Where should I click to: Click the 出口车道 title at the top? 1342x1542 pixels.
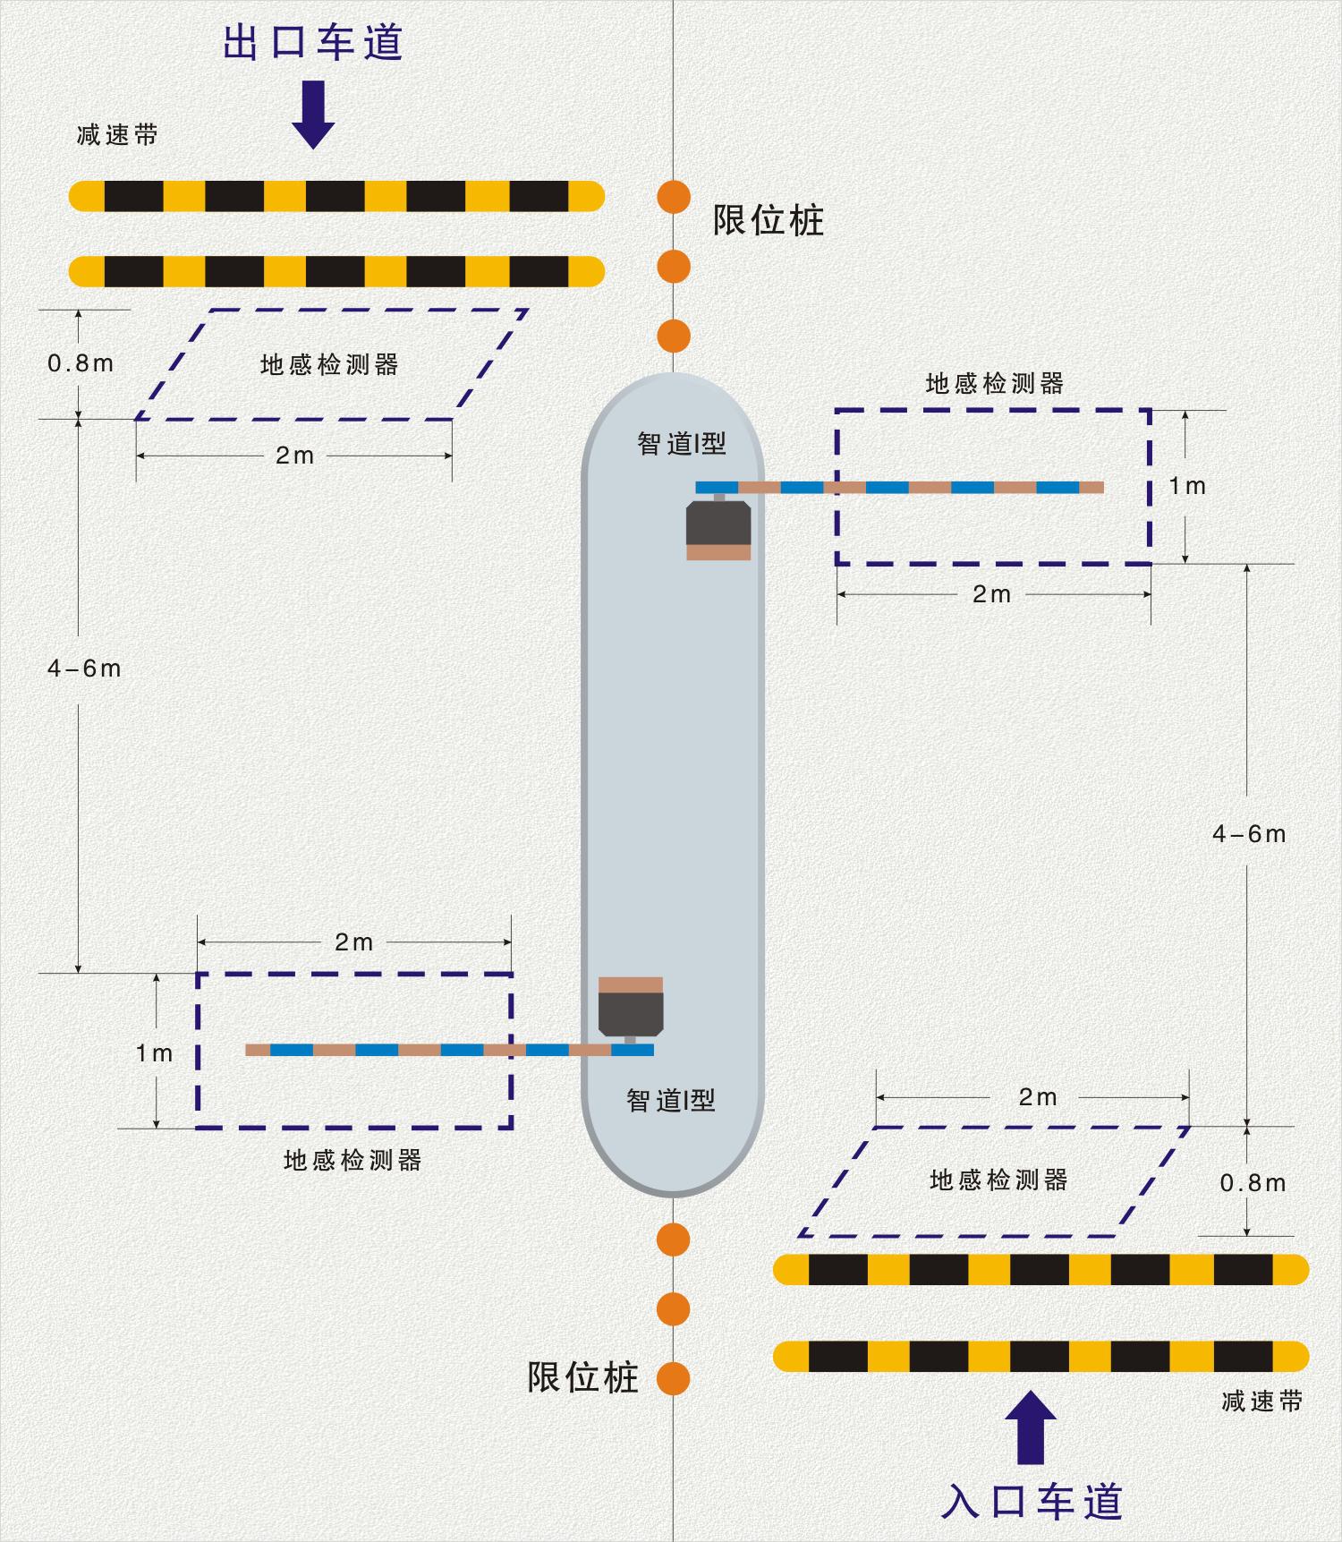(313, 42)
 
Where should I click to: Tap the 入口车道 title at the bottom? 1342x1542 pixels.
(1032, 1501)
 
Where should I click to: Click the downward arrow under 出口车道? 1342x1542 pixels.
(313, 115)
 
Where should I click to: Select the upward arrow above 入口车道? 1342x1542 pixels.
(1032, 1427)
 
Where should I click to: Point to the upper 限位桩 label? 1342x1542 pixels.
(768, 220)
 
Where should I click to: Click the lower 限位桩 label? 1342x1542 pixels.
(582, 1377)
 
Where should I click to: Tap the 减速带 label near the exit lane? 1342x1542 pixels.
(117, 135)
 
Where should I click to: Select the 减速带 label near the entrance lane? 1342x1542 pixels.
(1261, 1401)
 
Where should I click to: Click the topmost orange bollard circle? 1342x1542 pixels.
(674, 197)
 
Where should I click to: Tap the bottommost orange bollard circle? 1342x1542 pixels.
(674, 1378)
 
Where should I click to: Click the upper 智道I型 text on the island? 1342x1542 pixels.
(682, 443)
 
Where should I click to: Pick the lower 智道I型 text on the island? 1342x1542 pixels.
(671, 1100)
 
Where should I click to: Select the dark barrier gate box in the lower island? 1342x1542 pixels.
(631, 1015)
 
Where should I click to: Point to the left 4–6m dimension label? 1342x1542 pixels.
(84, 669)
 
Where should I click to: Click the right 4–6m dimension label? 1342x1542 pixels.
(1249, 834)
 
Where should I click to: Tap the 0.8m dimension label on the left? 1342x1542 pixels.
(81, 363)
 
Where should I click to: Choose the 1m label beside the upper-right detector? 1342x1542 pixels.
(1187, 486)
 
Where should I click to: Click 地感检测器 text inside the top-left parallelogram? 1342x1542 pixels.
(329, 364)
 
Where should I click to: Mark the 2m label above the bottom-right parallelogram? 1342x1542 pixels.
(1038, 1097)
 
